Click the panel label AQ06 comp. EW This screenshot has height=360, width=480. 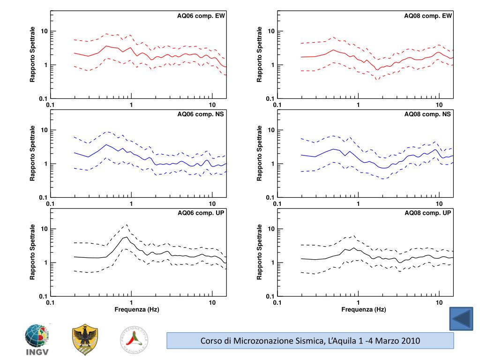pos(201,15)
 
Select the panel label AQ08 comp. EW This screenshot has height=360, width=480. pos(428,15)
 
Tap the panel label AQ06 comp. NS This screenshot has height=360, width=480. pos(201,114)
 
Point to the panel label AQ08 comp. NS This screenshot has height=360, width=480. pos(428,114)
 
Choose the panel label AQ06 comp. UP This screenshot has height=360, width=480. pos(201,213)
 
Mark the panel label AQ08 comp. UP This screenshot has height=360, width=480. pos(428,213)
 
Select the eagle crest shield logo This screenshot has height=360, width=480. pos(85,340)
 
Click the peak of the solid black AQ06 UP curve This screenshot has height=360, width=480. pos(126,237)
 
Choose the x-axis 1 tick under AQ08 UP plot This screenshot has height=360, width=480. pos(359,303)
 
